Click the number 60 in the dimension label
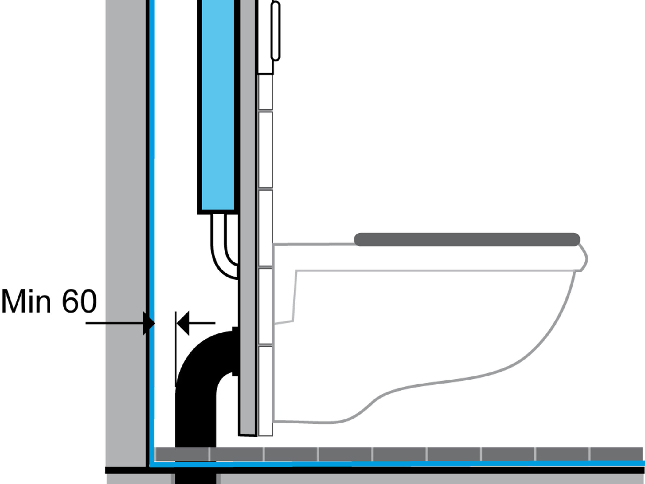point(79,301)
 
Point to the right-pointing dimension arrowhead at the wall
point(149,323)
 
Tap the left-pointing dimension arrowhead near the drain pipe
point(183,323)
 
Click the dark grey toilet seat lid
point(467,239)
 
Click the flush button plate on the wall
point(276,31)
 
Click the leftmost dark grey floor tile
point(182,454)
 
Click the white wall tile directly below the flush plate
point(265,92)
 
